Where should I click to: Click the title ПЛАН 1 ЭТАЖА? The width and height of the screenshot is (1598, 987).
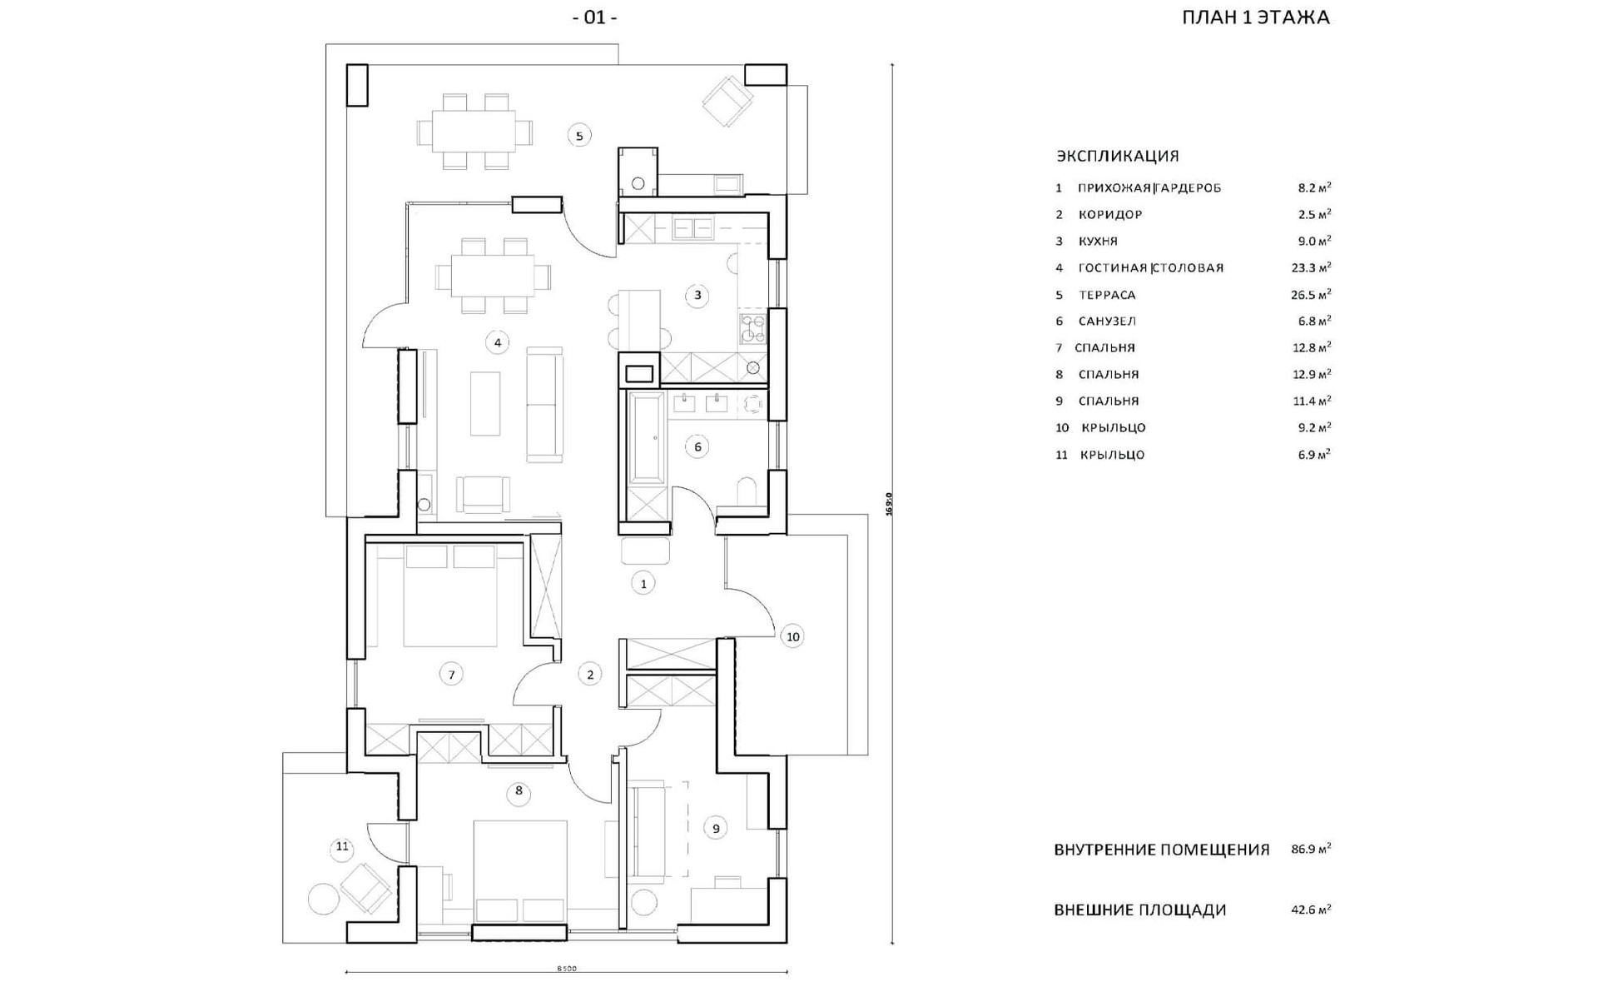[1255, 17]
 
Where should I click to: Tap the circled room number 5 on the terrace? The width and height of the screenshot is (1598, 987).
[579, 135]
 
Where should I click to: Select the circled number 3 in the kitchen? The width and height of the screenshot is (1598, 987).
[697, 295]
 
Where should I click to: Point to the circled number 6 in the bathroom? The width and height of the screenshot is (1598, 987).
[697, 447]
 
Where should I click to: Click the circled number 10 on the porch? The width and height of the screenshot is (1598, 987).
[792, 637]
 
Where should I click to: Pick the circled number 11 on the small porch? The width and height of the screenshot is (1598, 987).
[342, 848]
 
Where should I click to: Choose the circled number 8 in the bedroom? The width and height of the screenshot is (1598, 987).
[519, 790]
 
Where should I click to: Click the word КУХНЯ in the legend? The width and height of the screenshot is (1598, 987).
[1098, 242]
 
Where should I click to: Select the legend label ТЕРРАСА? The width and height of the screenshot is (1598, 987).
[1107, 295]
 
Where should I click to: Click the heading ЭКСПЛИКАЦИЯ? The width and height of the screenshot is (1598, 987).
[1117, 156]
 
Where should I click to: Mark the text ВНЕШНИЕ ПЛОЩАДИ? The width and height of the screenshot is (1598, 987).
[1139, 910]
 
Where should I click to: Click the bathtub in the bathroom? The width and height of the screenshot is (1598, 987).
[645, 438]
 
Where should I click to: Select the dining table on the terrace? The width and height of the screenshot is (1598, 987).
[474, 132]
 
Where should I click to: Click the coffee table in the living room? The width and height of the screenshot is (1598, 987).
[485, 403]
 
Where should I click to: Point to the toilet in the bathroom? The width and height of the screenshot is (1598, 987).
[747, 491]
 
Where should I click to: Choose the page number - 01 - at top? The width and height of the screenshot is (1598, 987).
[594, 17]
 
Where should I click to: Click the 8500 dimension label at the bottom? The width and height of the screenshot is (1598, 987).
[566, 969]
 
